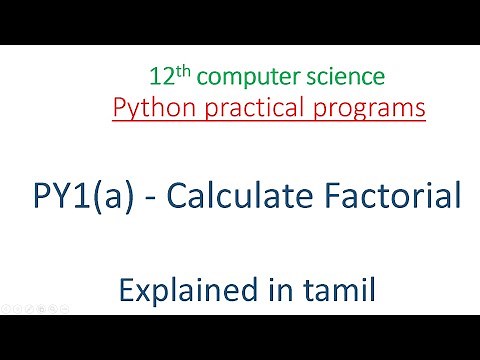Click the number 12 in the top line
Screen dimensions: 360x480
point(160,77)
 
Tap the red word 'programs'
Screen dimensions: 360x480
point(372,108)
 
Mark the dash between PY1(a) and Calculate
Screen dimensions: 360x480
point(145,200)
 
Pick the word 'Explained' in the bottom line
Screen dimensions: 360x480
point(178,292)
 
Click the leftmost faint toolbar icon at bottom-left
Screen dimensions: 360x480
point(5,303)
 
